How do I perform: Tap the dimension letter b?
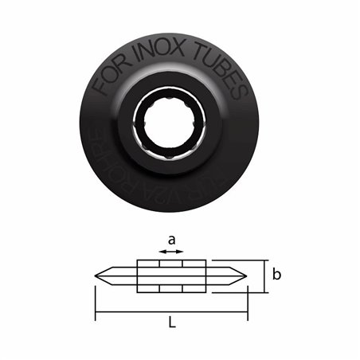click(x=276, y=276)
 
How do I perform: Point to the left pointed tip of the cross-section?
click(x=96, y=276)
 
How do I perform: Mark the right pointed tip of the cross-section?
click(x=247, y=276)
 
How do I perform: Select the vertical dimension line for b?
click(x=262, y=276)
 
